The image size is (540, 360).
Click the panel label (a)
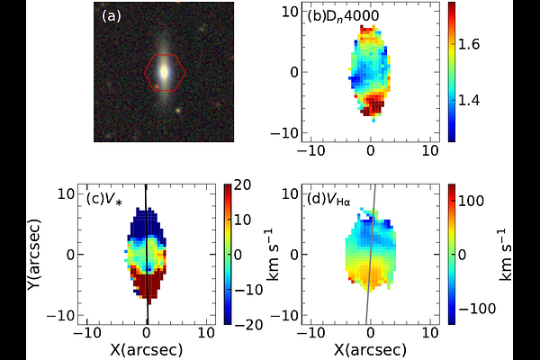point(111,15)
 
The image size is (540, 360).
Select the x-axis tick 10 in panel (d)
point(430,334)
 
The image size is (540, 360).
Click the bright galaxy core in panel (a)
point(165,69)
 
